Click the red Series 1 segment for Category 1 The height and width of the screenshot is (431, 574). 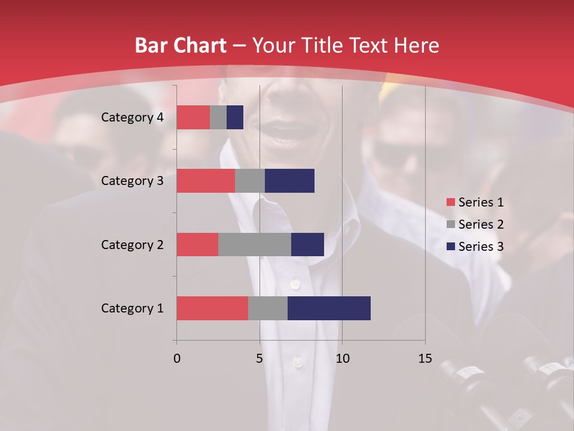point(212,308)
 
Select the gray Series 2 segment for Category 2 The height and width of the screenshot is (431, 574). point(255,244)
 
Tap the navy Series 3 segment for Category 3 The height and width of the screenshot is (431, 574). point(289,181)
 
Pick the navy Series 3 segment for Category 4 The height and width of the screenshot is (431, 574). point(235,117)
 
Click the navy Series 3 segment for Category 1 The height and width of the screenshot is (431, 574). point(329,308)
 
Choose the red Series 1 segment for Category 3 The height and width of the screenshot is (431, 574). point(206,181)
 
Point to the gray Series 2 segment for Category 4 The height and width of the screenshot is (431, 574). point(218,117)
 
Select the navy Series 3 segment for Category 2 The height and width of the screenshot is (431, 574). point(307,244)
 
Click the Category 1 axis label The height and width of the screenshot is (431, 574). point(132,308)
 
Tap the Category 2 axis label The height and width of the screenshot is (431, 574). point(132,244)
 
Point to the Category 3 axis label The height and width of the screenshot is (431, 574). point(132,181)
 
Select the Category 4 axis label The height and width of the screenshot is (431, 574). point(132,117)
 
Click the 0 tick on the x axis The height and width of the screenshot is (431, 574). point(177,359)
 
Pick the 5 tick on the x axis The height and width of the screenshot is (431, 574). point(259,359)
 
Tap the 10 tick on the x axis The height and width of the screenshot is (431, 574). point(342,359)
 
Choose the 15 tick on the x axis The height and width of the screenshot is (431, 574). point(425,359)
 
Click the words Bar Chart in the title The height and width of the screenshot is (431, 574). point(180,45)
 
